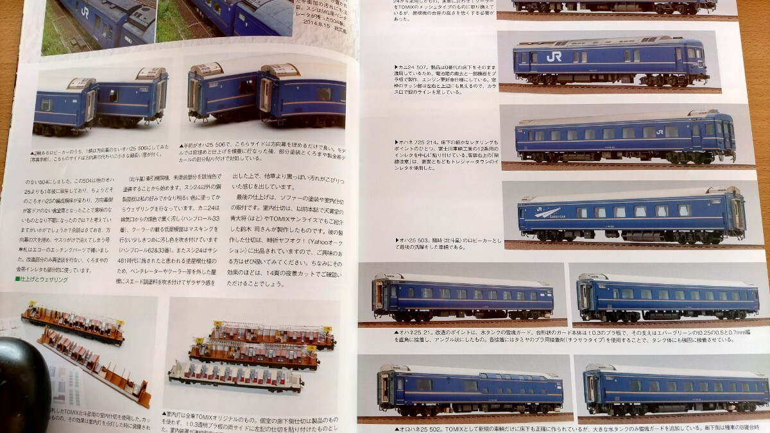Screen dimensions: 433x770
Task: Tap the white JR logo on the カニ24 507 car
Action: click(x=553, y=56)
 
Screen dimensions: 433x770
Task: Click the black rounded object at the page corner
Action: click(x=22, y=385)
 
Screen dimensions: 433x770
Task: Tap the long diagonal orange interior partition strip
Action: click(x=96, y=366)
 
